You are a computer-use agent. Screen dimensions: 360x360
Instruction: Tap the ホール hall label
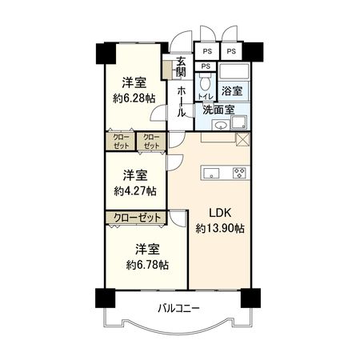182,102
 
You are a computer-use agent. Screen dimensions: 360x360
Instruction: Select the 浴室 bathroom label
234,92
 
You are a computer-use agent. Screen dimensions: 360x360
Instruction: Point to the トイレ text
205,95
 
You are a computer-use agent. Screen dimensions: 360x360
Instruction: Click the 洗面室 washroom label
218,109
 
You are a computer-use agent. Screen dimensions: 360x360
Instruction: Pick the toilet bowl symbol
206,82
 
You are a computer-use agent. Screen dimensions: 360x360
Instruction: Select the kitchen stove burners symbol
239,172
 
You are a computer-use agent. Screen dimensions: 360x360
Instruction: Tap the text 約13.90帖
220,229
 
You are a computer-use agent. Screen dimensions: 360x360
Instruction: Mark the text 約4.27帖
134,191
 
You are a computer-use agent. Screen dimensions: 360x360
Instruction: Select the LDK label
220,213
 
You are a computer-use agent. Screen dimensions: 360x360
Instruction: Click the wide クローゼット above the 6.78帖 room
134,218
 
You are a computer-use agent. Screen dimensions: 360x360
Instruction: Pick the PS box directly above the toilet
206,66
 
